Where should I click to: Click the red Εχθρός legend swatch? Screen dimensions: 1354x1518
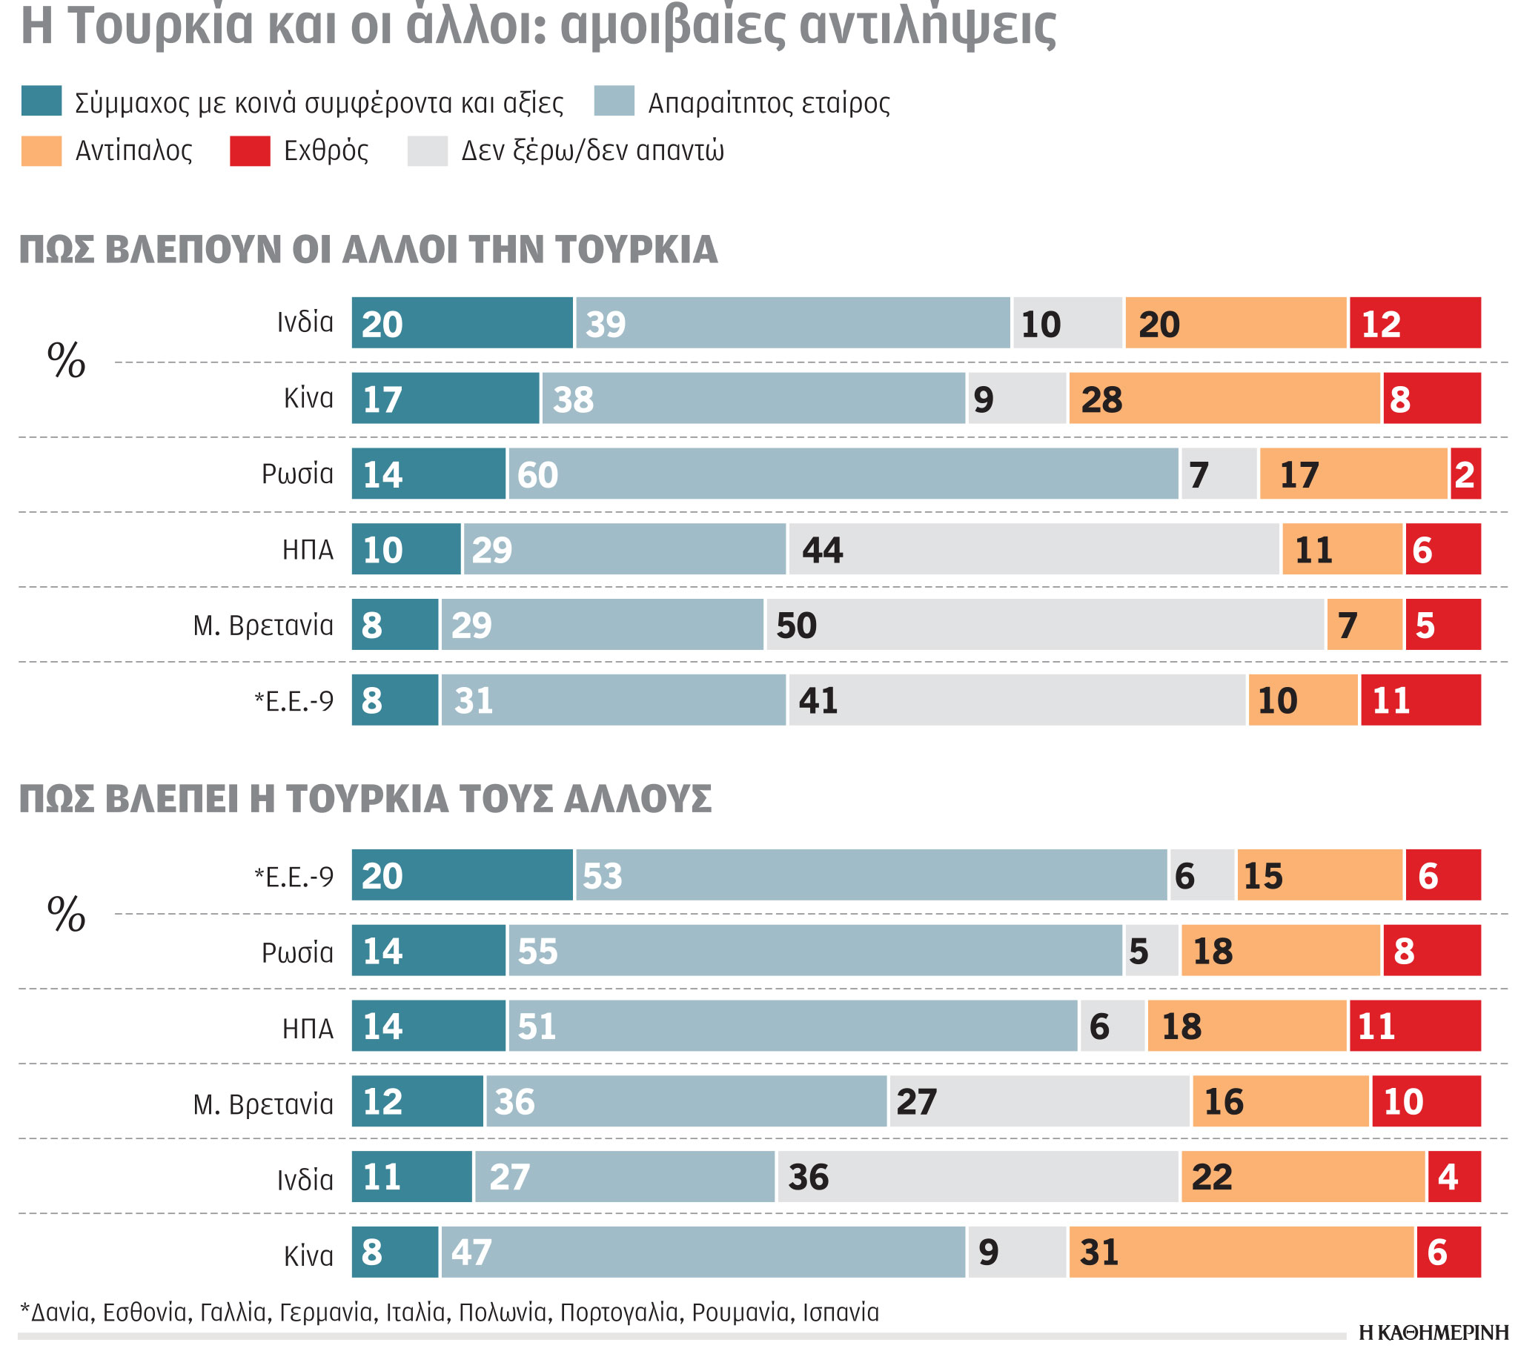pos(249,151)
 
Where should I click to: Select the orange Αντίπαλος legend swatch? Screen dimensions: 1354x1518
pos(42,151)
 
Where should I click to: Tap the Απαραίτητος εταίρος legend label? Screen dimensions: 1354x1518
pos(769,103)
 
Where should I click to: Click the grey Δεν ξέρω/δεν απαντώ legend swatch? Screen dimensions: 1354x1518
pos(427,151)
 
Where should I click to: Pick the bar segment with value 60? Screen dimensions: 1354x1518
pos(842,474)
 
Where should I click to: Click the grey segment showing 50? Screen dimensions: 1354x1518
pos(1046,625)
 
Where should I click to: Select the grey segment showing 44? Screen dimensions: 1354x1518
pos(1033,550)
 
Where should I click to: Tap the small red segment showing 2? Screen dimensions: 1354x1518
pos(1465,474)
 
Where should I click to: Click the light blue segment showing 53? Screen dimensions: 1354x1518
pos(871,876)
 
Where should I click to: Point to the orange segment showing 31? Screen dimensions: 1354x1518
pos(1242,1252)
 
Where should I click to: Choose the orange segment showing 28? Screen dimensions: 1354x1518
pos(1224,399)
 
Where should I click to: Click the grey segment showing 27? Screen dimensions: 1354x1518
pos(1039,1102)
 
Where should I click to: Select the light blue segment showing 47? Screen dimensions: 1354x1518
pos(703,1252)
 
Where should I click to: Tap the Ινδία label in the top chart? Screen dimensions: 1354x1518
pos(305,323)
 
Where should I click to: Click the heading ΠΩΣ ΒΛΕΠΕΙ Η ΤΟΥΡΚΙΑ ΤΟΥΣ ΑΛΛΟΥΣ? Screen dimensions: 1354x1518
pos(365,800)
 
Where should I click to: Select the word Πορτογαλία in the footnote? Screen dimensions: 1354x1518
pos(618,1312)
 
